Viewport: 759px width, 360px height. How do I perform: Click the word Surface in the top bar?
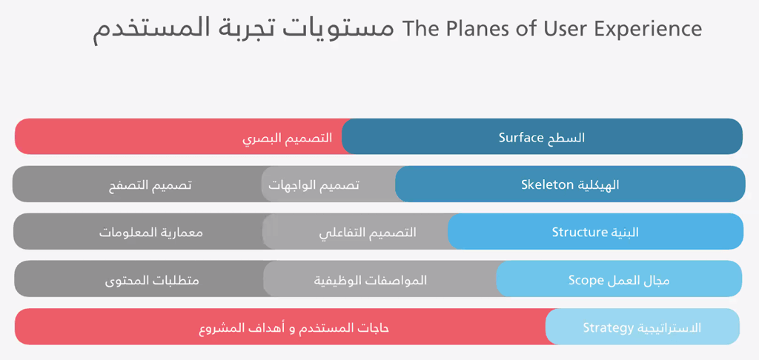pyautogui.click(x=522, y=138)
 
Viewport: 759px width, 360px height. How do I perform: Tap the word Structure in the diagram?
pyautogui.click(x=577, y=233)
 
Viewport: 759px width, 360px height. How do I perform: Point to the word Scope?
pyautogui.click(x=586, y=281)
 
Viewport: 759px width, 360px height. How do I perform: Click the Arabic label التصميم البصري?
pyautogui.click(x=287, y=139)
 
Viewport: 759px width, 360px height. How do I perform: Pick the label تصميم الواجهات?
pyautogui.click(x=314, y=185)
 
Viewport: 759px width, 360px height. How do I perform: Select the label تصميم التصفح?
pyautogui.click(x=150, y=185)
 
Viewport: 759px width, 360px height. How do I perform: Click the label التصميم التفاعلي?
pyautogui.click(x=368, y=233)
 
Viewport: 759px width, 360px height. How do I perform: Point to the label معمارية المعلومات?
pyautogui.click(x=151, y=233)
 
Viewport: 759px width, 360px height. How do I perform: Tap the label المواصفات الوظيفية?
pyautogui.click(x=371, y=281)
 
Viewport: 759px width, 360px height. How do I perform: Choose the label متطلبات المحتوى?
pyautogui.click(x=152, y=281)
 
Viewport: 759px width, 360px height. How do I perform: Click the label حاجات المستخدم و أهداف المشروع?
pyautogui.click(x=294, y=328)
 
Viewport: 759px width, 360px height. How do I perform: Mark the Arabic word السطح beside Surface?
pyautogui.click(x=566, y=138)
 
